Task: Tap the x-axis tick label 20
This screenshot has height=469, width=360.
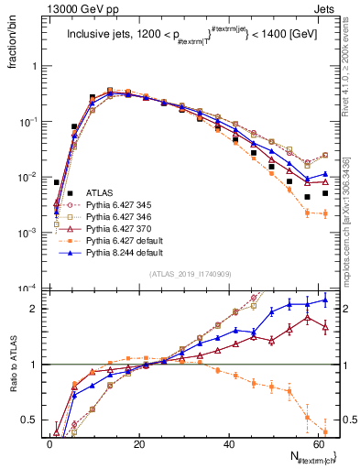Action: [x=139, y=444]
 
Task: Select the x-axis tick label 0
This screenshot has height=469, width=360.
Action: [x=50, y=444]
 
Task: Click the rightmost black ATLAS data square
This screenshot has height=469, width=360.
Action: [x=325, y=193]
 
